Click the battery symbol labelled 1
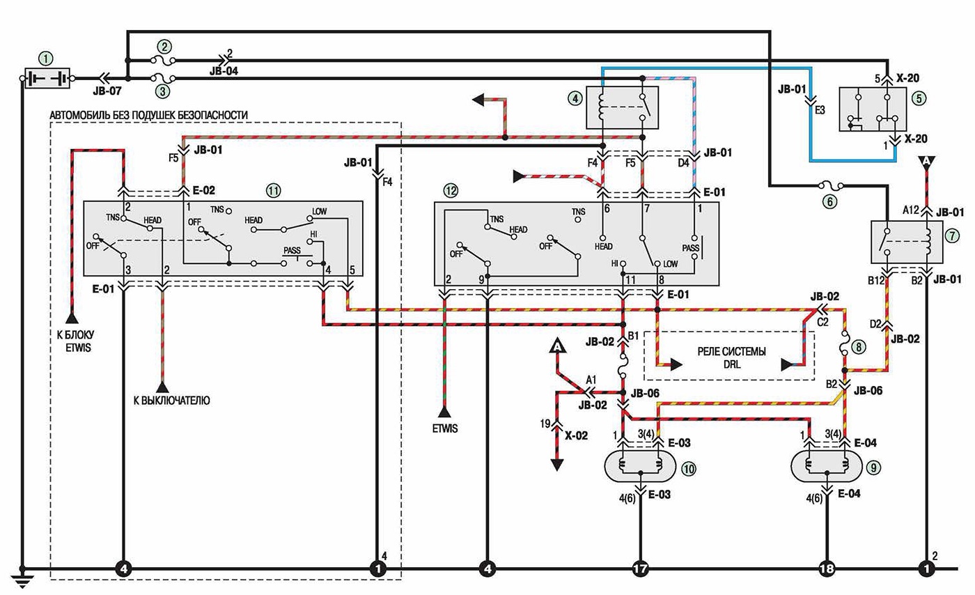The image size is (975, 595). tap(47, 79)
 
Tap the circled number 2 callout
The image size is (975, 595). tap(164, 47)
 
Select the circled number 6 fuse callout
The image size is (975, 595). tap(829, 201)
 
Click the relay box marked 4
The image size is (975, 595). tap(622, 107)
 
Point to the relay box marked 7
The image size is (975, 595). tap(907, 242)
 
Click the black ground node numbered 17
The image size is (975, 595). tap(640, 569)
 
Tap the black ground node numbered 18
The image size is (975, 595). tap(826, 569)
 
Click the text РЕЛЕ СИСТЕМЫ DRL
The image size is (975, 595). tap(731, 357)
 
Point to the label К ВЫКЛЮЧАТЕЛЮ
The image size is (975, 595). tap(171, 401)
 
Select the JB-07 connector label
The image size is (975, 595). tap(107, 91)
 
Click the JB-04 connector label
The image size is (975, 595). tap(224, 71)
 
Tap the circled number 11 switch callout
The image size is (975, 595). tap(273, 191)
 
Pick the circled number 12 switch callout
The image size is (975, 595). tap(451, 191)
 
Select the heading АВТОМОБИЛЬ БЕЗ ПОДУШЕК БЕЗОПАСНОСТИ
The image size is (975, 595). tap(148, 116)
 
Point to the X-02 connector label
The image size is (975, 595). tap(576, 435)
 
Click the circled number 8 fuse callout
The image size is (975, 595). tap(858, 347)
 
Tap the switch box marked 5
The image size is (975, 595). tap(873, 109)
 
